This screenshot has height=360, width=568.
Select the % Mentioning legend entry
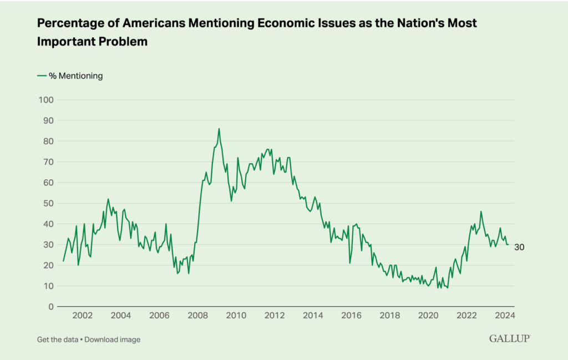point(70,76)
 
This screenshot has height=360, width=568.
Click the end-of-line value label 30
point(519,247)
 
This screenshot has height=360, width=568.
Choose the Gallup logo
point(510,338)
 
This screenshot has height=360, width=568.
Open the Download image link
point(113,339)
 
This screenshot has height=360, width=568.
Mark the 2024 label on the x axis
point(505,316)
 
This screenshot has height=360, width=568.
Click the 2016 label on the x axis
point(351,316)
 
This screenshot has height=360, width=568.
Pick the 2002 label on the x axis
point(82,316)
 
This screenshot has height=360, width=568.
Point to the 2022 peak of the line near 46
point(481,211)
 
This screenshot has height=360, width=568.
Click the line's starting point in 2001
point(63,261)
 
